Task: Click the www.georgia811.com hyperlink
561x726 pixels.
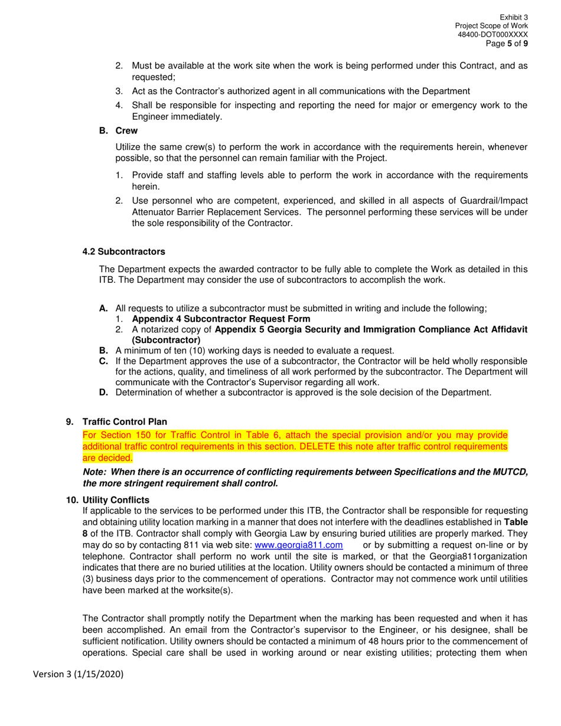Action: (x=298, y=545)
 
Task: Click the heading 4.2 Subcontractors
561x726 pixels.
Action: (x=123, y=252)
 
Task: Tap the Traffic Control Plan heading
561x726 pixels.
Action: (x=125, y=422)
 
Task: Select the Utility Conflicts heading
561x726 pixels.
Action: (x=116, y=500)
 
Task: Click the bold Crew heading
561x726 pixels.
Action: (x=126, y=131)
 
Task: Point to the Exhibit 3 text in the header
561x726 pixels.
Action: (x=514, y=18)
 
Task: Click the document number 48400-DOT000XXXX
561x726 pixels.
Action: (x=493, y=35)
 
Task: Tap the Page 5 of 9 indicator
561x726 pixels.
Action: (x=507, y=44)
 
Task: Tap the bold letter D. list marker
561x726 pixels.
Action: (x=104, y=393)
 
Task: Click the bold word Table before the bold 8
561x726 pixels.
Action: (x=516, y=522)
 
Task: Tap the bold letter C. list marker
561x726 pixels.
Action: (x=104, y=361)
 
